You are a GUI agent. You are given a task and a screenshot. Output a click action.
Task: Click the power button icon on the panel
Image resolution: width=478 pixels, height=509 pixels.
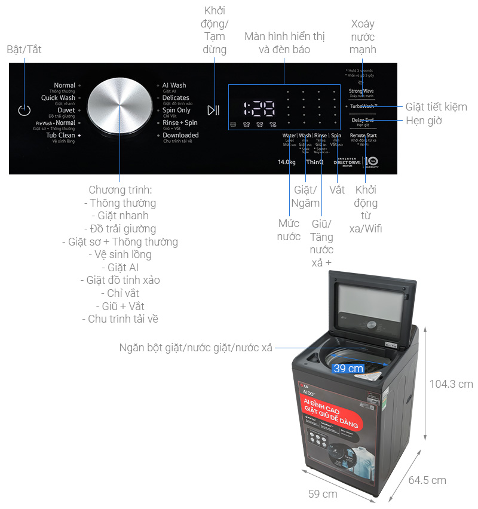24,110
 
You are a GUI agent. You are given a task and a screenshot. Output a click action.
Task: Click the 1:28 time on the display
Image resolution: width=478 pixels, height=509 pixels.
259,109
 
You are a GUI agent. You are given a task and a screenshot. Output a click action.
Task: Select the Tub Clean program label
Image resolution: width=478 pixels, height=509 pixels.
61,136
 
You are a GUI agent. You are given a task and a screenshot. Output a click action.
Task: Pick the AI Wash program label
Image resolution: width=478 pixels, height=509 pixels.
174,85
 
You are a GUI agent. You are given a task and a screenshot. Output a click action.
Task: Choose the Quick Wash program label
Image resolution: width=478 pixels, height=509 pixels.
58,98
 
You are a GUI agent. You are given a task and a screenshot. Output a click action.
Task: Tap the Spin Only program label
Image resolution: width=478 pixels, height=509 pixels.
176,111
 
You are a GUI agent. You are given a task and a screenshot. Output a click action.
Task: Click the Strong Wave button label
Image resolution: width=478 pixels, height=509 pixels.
361,91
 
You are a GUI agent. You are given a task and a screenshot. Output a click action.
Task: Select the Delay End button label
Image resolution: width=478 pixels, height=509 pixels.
363,120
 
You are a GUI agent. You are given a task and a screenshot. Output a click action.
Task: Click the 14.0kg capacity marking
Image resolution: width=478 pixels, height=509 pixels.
287,162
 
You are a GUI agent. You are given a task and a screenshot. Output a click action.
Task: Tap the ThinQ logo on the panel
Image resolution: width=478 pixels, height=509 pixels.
315,162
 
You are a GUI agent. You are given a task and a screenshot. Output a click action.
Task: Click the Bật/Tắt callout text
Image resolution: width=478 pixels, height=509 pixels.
24,49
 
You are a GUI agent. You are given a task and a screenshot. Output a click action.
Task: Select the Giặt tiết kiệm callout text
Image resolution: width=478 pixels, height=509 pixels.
436,107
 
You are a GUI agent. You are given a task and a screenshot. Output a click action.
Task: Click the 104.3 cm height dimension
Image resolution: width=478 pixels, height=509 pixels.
451,384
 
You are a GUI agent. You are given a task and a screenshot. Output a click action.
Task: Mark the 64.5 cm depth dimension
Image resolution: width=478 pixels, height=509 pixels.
427,480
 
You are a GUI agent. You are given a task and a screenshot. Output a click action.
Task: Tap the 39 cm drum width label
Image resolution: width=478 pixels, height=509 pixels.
348,369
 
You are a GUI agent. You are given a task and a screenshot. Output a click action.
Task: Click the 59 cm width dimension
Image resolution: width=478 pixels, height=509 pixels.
322,493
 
